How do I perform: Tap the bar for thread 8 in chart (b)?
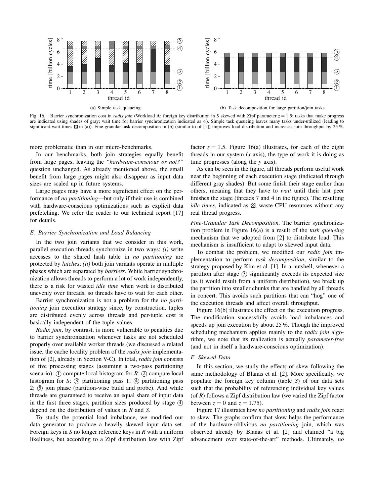324,71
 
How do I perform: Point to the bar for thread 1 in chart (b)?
227,71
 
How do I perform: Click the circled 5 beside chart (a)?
180,41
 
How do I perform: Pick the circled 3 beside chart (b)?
336,71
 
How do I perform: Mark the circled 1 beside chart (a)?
180,88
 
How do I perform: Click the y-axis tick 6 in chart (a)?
58,52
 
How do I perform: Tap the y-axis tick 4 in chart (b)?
215,64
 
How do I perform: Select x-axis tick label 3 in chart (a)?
98,93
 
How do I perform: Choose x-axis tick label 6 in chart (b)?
296,93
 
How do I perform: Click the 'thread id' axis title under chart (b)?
276,98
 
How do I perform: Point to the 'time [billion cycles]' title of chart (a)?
50,63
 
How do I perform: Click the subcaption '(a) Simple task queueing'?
115,108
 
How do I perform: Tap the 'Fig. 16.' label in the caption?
37,116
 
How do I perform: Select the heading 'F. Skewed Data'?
210,358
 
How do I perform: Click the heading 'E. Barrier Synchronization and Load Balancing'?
90,233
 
